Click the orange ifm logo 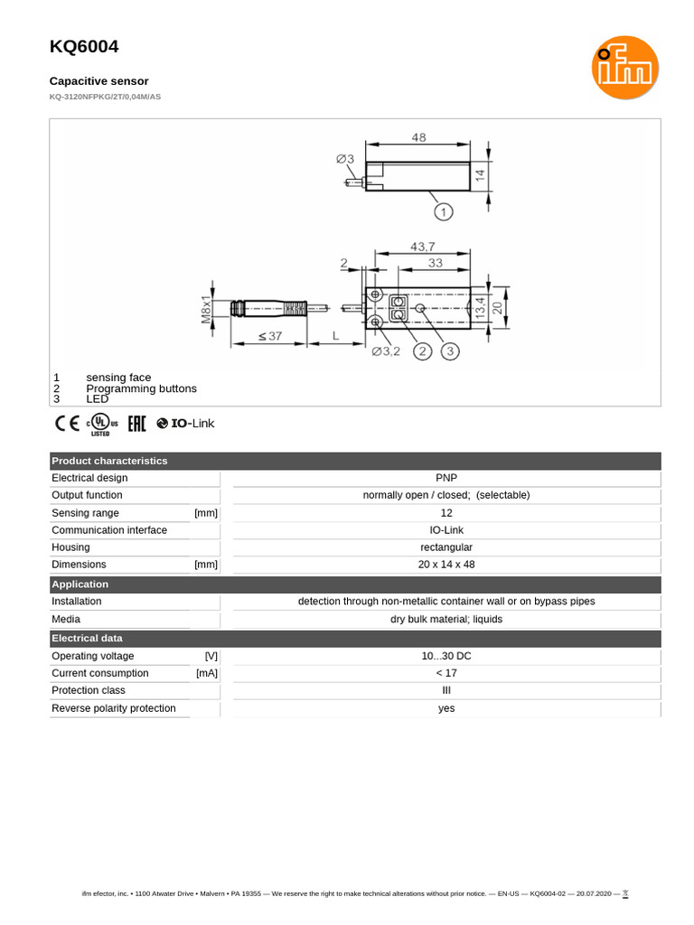(x=625, y=68)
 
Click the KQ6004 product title (x=83, y=46)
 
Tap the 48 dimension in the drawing (x=418, y=138)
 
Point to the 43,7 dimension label (x=422, y=247)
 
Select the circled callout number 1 (x=443, y=212)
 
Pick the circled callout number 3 (x=450, y=351)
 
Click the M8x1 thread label (x=206, y=309)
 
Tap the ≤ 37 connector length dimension (x=269, y=336)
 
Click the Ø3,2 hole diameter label (x=386, y=351)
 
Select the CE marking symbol (x=67, y=423)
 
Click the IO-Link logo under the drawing (x=186, y=423)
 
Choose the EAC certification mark (x=136, y=423)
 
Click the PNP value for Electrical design (x=446, y=478)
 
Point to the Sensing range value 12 (x=446, y=513)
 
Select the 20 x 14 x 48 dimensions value (x=446, y=565)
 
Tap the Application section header (x=80, y=584)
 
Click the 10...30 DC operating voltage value (x=446, y=656)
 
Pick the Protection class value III (x=446, y=690)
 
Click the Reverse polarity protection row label (x=114, y=708)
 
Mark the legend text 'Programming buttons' (x=141, y=388)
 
